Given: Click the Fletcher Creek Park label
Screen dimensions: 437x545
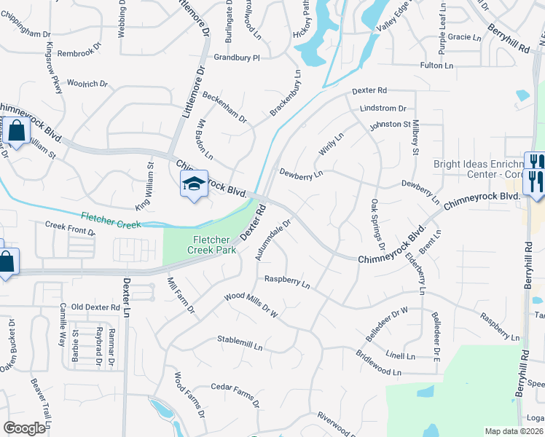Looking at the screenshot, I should pos(213,245).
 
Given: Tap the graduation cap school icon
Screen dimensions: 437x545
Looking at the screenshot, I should pos(193,184).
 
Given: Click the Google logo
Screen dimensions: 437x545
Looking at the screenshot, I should pos(24,428).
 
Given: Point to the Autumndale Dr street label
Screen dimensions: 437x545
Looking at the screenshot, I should pos(273,240).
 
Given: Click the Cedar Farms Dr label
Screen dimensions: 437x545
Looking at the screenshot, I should pos(235,390).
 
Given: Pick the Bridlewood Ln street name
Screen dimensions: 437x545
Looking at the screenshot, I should pos(378,362).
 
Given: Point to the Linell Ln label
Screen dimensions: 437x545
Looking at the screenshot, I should pos(400,356).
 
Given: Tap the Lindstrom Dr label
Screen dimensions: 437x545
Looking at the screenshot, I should pos(383,109).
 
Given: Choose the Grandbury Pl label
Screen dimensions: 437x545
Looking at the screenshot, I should pos(236,57).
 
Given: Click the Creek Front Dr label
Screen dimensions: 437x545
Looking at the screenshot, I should pos(70,229).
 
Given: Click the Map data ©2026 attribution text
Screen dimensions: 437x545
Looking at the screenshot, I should pos(514,431).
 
